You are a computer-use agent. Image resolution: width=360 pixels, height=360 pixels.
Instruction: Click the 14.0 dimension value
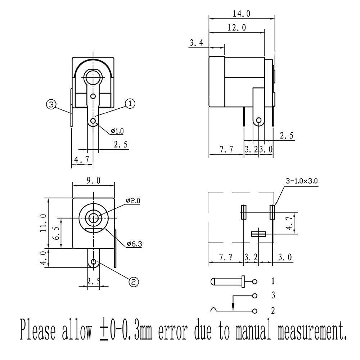[x=241, y=14]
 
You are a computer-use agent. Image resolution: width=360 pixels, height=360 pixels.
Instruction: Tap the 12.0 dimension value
[x=237, y=28]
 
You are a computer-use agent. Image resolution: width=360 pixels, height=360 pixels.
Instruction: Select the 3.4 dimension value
[x=196, y=43]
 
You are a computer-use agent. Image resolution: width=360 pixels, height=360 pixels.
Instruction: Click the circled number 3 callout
[x=51, y=105]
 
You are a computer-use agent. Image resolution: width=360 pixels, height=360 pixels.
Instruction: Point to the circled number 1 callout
[x=130, y=104]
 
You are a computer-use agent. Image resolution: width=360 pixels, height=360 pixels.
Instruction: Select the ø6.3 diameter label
[x=134, y=244]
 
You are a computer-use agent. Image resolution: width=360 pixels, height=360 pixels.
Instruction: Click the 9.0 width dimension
[x=94, y=180]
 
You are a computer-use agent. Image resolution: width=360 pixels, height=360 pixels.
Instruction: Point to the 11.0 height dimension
[x=44, y=223]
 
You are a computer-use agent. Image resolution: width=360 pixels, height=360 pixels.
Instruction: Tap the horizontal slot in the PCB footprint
[x=258, y=234]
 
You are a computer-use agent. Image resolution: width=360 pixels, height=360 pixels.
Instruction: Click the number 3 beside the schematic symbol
[x=273, y=296]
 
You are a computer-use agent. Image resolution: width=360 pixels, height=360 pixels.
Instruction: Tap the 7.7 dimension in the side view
[x=226, y=149]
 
